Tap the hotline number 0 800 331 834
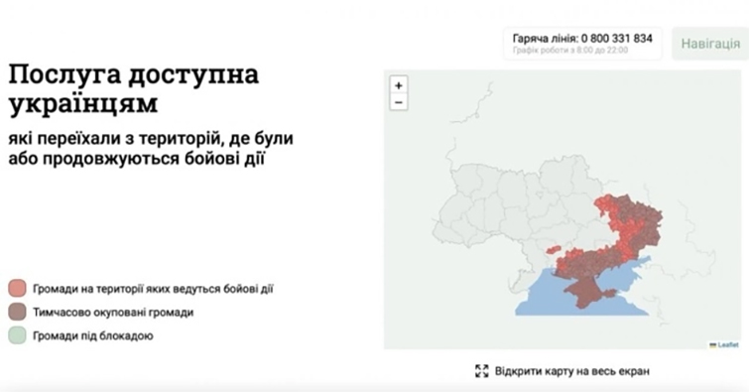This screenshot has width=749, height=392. tap(617, 38)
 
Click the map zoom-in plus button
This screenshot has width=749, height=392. tap(399, 85)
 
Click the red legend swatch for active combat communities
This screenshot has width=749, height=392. tap(17, 289)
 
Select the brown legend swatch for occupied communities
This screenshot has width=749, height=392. tap(17, 313)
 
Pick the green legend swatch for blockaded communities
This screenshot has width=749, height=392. tap(17, 336)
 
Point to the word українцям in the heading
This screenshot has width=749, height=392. tap(82, 104)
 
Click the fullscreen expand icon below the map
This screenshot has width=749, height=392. tap(482, 371)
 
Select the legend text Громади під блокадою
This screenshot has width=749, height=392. tap(93, 336)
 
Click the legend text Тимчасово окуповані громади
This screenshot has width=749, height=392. tap(113, 313)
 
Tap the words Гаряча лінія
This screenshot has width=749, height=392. tap(545, 38)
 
